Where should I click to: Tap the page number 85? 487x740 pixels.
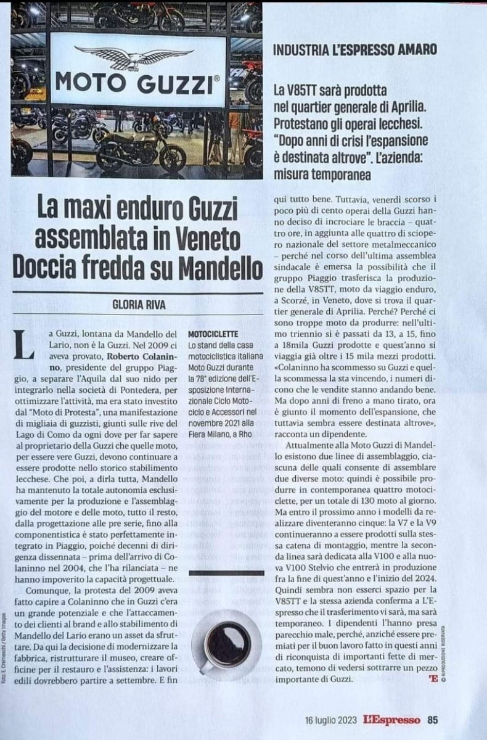tap(433, 719)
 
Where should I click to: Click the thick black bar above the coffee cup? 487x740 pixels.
tap(227, 573)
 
